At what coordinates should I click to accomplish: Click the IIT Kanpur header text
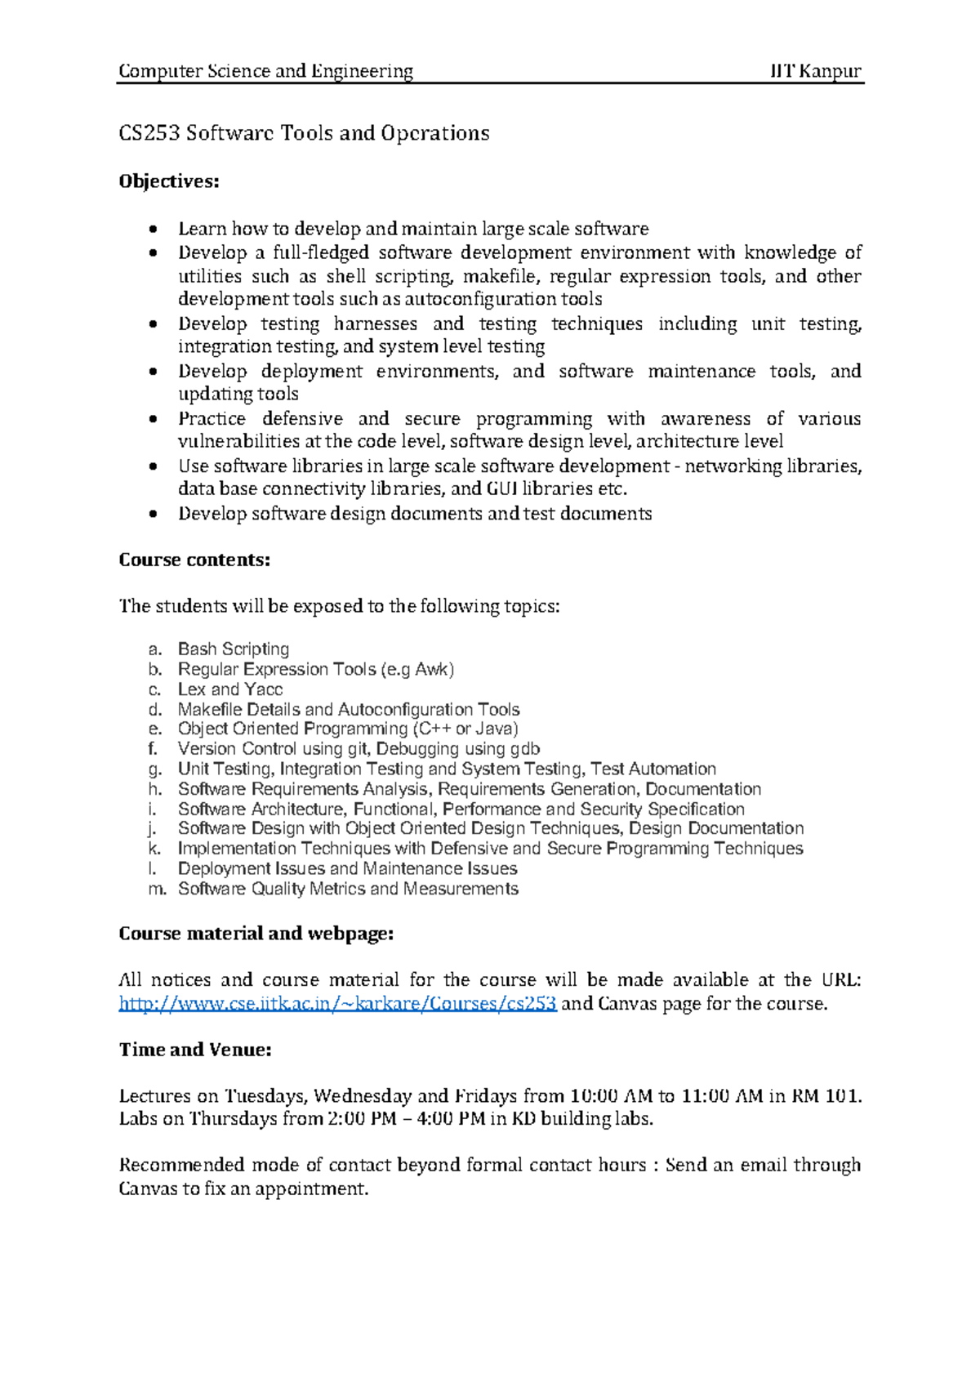[x=816, y=71]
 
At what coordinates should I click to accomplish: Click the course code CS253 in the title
[x=149, y=133]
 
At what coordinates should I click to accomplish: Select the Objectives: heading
[x=169, y=181]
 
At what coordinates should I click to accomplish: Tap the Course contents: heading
[x=194, y=560]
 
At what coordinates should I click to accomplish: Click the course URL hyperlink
[x=337, y=1004]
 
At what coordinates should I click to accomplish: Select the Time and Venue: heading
[x=195, y=1050]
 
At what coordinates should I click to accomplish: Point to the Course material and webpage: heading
[x=256, y=934]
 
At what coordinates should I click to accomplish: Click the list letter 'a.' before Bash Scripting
[x=155, y=650]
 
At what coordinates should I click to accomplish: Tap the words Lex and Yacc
[x=230, y=689]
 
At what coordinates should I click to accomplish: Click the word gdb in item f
[x=524, y=749]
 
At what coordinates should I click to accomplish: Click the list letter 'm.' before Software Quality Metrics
[x=157, y=890]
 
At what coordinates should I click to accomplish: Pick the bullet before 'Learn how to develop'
[x=153, y=230]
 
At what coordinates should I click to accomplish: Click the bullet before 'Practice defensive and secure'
[x=153, y=419]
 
